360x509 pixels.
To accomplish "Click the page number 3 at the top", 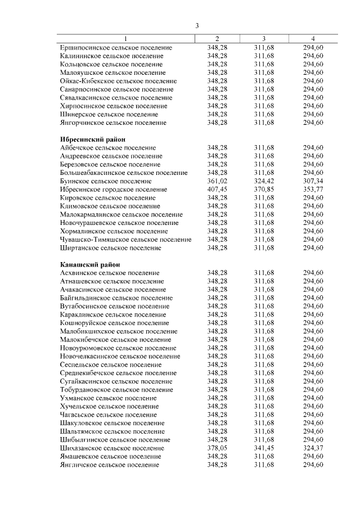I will point(197,26).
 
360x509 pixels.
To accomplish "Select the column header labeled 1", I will point(126,39).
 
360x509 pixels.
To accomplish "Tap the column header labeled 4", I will point(313,39).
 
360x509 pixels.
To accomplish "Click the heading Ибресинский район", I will point(92,139).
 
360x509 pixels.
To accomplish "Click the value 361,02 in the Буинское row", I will point(217,181).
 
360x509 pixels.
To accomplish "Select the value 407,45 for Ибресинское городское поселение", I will point(217,190).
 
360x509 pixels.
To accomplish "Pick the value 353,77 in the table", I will point(313,190).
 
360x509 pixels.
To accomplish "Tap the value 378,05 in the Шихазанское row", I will point(217,448).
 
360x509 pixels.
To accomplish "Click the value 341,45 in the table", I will point(264,448).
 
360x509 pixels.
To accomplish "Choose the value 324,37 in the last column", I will point(313,448).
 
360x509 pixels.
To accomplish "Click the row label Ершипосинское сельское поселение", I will point(116,48).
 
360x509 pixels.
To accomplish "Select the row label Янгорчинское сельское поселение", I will point(113,123).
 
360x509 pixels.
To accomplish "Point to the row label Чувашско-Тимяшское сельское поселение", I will point(125,240).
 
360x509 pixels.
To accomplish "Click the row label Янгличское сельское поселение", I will point(109,465).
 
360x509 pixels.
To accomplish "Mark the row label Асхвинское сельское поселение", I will point(109,273).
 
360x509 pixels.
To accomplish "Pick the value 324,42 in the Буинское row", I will point(264,181).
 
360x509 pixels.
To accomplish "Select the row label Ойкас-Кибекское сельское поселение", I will point(118,81).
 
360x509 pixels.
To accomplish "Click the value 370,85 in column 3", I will point(264,190).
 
